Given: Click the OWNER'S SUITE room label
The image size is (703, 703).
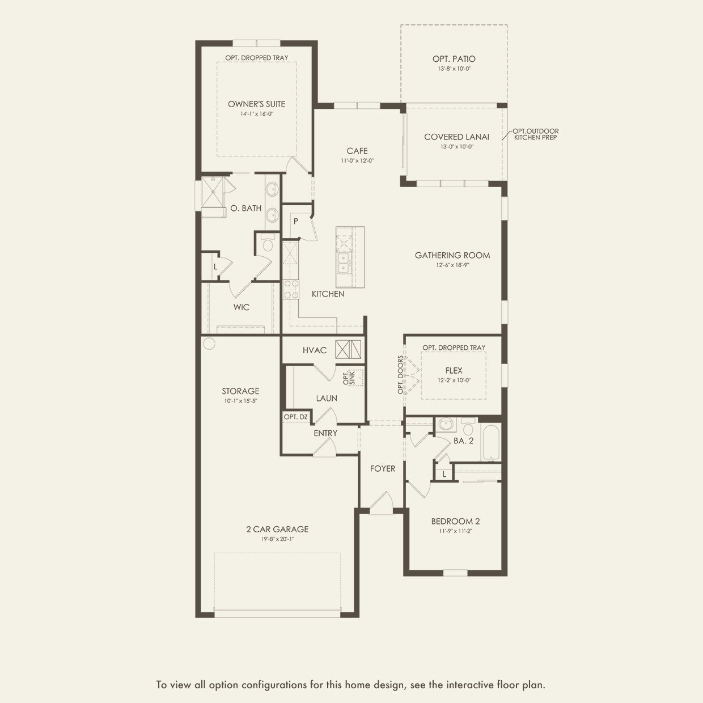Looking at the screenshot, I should coord(256,104).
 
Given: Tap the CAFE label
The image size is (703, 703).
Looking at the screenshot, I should coord(357,151).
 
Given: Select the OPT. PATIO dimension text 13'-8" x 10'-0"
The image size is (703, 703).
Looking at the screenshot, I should coord(454,69).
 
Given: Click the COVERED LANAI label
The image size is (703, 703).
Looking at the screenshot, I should coord(456,137).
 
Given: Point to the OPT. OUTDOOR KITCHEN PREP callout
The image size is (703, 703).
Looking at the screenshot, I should coord(535,134).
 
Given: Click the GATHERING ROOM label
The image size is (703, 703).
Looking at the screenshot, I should coord(452,255).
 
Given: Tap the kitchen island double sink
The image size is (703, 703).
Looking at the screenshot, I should coord(343,262).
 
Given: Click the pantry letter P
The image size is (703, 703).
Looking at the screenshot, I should coord(296,222).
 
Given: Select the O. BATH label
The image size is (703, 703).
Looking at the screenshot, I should coord(246,208).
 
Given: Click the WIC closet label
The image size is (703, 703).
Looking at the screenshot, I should coord(242,307).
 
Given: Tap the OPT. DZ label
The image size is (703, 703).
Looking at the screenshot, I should coord(295,417).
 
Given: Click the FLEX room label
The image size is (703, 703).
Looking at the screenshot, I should coord(454,370).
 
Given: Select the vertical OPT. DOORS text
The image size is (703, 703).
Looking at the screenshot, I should coord(400,375).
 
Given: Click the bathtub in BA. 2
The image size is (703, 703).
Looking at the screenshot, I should coord(489,442).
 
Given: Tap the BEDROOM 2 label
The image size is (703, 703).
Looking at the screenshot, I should coord(455,521).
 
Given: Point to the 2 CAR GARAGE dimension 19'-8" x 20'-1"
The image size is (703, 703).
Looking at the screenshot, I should coord(277,539).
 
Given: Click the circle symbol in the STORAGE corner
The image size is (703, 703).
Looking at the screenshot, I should coord(209,343).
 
